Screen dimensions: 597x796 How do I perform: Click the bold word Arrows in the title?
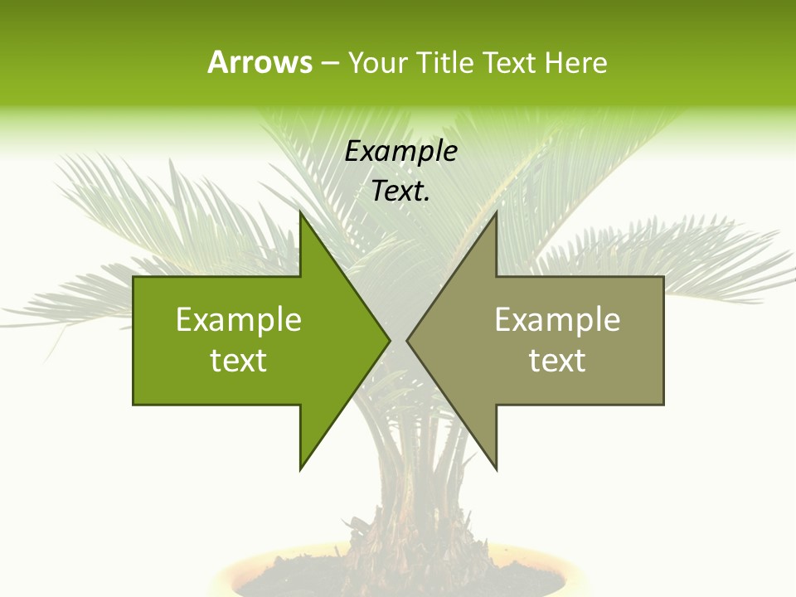click(x=260, y=62)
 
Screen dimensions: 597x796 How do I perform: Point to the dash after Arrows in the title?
click(x=329, y=63)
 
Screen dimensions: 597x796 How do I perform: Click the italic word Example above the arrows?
click(x=401, y=151)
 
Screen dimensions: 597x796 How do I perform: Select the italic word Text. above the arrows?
click(x=401, y=191)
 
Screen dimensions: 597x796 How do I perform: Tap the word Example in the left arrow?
click(x=239, y=320)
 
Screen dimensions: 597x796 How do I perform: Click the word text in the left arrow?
click(x=239, y=361)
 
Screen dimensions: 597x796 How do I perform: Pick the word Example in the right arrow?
click(x=557, y=320)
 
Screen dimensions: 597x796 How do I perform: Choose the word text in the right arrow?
click(x=557, y=361)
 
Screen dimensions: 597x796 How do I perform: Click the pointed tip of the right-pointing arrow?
click(x=389, y=340)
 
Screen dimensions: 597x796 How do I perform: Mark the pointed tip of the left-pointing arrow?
click(x=407, y=340)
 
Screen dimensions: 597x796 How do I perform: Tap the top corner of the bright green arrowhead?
click(x=301, y=212)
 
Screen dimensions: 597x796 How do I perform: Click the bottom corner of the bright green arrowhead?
click(x=301, y=469)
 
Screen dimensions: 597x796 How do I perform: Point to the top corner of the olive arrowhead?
click(x=496, y=212)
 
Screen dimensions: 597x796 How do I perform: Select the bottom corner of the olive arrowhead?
click(x=496, y=469)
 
